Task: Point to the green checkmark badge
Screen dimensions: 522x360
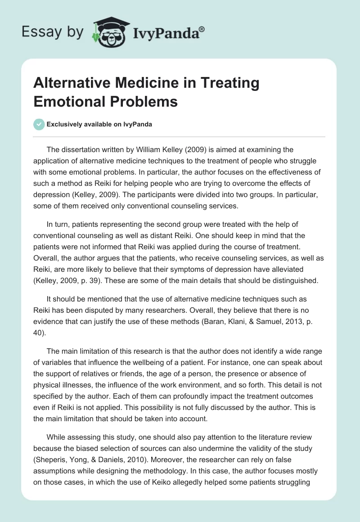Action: (x=39, y=124)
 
